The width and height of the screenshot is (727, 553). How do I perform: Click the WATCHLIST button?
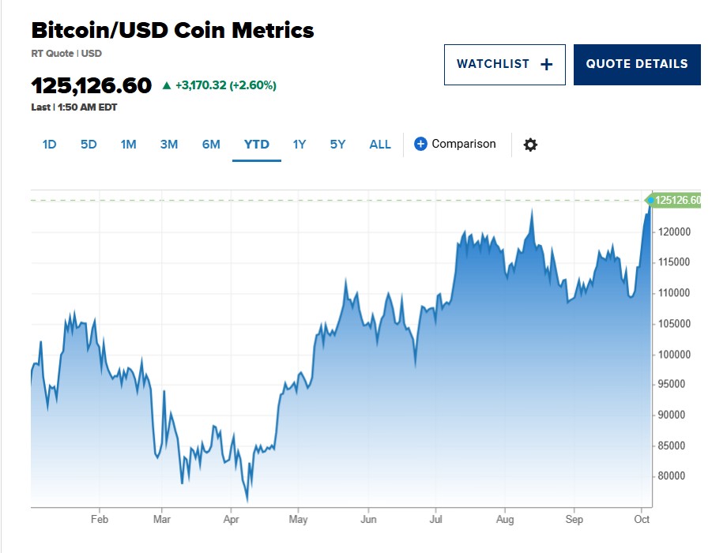click(x=504, y=65)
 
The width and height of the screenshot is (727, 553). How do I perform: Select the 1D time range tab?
click(x=49, y=145)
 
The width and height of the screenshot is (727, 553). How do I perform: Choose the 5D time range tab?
click(x=89, y=145)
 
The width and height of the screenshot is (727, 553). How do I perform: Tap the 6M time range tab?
click(x=211, y=145)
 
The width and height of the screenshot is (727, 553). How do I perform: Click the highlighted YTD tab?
click(x=257, y=145)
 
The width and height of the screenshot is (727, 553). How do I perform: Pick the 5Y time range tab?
click(x=337, y=145)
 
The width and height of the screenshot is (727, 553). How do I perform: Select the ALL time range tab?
click(x=380, y=145)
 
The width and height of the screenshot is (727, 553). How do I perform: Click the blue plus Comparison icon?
click(x=420, y=144)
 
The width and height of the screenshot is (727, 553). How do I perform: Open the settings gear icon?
click(x=530, y=145)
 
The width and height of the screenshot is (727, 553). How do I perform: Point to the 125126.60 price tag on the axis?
click(x=677, y=201)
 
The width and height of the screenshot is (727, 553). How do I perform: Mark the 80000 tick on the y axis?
click(x=672, y=476)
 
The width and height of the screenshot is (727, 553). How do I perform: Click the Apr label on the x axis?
click(x=232, y=520)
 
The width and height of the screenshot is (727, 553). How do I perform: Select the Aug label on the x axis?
click(x=505, y=520)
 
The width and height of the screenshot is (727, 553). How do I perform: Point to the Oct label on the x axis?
click(x=642, y=520)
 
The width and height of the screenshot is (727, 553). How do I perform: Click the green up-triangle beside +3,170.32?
click(x=166, y=85)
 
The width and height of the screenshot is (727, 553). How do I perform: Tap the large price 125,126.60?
click(x=91, y=85)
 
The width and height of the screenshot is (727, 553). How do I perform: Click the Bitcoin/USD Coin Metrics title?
click(x=172, y=31)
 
